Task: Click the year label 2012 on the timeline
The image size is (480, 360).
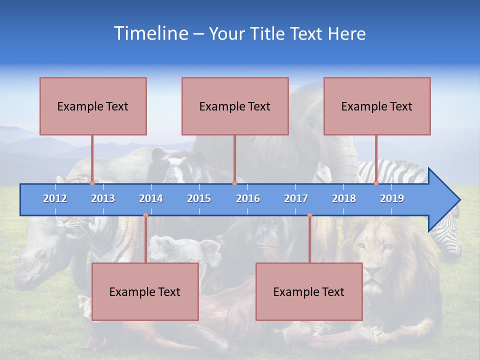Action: [55, 198]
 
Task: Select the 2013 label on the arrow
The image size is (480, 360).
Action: [103, 198]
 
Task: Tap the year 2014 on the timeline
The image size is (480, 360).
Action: [151, 198]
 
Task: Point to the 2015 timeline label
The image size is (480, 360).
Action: [199, 198]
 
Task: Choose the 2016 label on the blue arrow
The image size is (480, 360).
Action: [248, 198]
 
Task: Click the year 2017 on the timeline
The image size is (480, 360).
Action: [296, 198]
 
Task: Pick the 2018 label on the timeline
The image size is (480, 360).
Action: [344, 198]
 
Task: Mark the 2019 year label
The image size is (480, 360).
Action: [392, 198]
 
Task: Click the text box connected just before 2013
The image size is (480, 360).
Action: [93, 106]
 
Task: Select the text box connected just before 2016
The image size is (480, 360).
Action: [235, 106]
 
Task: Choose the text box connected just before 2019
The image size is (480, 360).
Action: [377, 106]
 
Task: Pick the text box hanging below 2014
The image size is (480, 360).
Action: [145, 291]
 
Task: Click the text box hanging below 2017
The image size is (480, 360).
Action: [309, 291]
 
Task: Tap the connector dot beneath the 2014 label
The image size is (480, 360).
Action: [145, 215]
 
